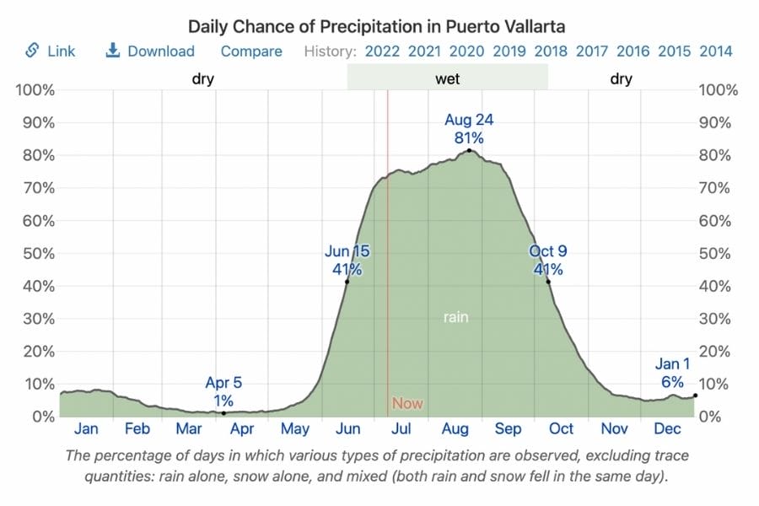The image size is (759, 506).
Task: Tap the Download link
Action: tap(160, 51)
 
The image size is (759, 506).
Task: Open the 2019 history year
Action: tap(509, 51)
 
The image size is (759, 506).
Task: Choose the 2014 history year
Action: tap(715, 51)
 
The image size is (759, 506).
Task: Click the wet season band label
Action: tap(447, 79)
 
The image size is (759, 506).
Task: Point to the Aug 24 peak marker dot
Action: tap(469, 150)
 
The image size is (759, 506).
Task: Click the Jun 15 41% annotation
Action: tap(347, 261)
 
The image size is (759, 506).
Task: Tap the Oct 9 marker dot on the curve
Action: tap(548, 281)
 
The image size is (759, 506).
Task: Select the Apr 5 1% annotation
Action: tap(223, 392)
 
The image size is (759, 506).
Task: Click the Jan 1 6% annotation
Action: tap(672, 373)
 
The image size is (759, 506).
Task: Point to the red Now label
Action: tap(407, 404)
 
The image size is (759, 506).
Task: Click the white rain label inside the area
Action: tap(456, 318)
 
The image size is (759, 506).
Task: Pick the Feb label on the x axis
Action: tap(137, 429)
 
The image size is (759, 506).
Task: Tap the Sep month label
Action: tap(509, 429)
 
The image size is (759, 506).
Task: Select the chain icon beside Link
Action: tap(33, 51)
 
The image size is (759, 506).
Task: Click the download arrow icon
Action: tap(112, 51)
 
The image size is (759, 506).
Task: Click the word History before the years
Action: tap(330, 51)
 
